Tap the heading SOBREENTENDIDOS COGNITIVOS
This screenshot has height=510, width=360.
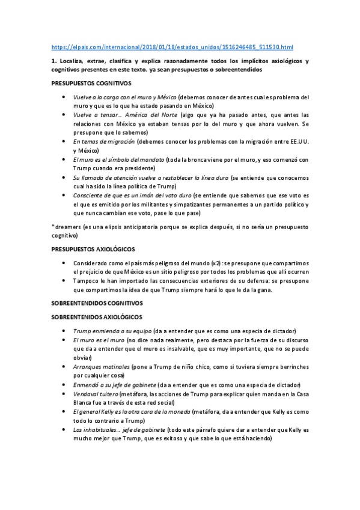[96, 304]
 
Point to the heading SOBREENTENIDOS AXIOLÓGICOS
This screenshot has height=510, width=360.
[96, 317]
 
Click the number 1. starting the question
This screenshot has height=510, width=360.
[54, 61]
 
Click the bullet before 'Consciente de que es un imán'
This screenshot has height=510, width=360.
[64, 196]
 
